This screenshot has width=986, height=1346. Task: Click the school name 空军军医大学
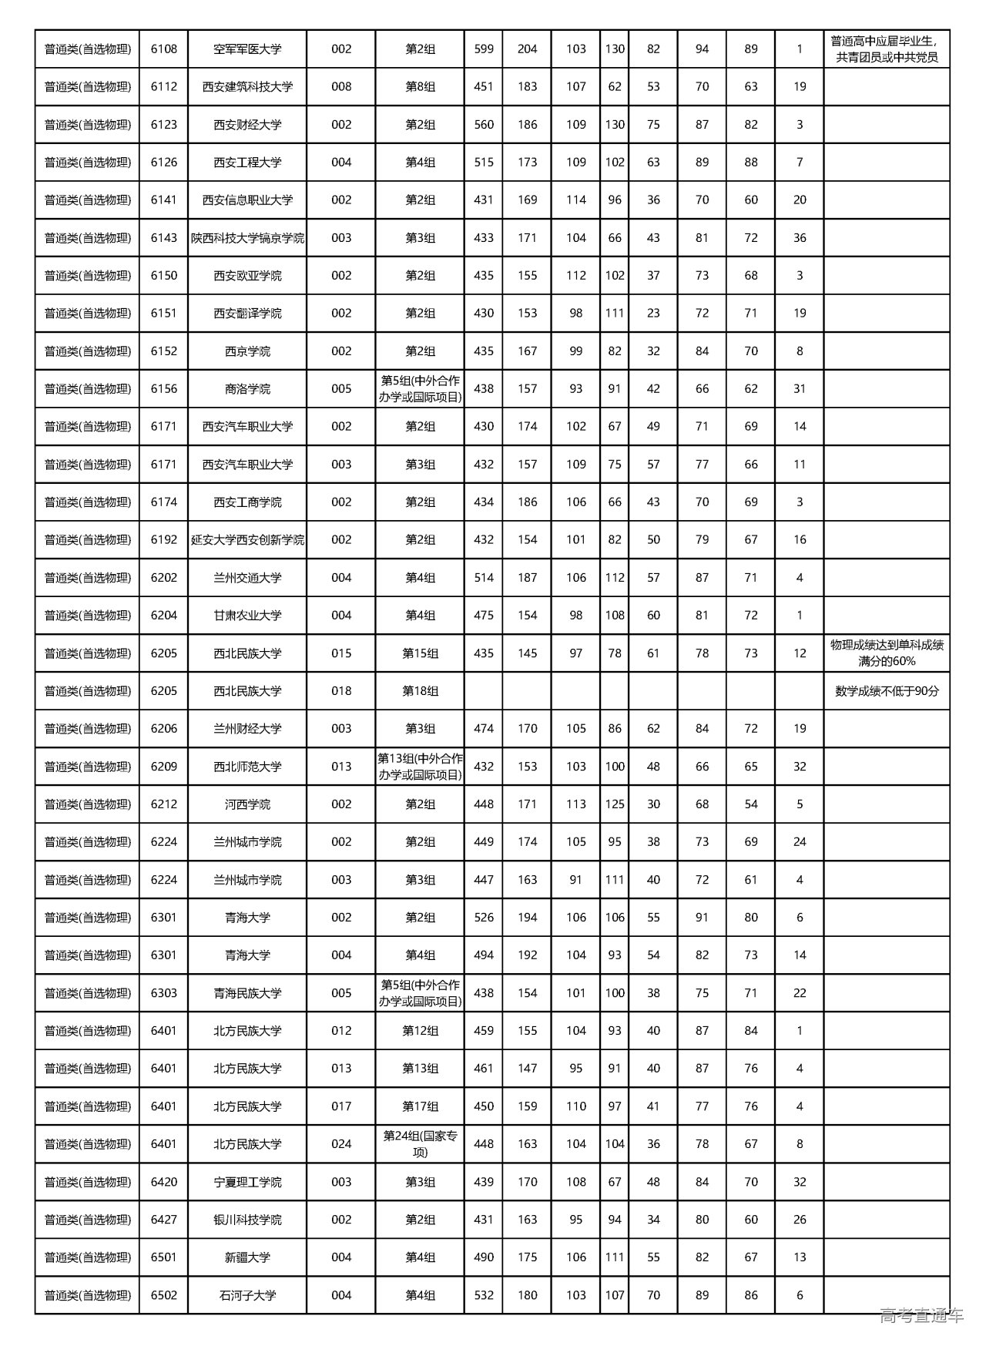pos(247,49)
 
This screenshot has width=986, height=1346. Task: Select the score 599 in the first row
pos(484,49)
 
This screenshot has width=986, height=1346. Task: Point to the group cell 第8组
pos(420,87)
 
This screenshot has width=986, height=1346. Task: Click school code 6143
pos(163,238)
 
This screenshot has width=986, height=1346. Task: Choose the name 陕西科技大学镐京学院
pos(247,238)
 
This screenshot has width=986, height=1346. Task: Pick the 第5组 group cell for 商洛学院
pos(420,389)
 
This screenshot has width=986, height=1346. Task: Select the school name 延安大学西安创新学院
pos(247,540)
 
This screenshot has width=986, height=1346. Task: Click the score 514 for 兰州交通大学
pos(484,578)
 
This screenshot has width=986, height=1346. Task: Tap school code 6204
pos(163,616)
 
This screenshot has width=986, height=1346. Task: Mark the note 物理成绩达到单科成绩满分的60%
pos(886,653)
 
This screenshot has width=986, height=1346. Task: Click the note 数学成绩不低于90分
pos(886,691)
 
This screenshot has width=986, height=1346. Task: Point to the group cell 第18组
pos(420,691)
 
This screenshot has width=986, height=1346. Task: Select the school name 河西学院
pos(247,804)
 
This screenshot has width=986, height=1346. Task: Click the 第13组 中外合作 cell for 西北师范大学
pos(420,767)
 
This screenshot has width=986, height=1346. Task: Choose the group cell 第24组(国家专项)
pos(420,1144)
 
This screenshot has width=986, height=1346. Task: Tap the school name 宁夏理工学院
pos(247,1182)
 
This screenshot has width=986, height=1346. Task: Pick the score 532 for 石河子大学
pos(484,1295)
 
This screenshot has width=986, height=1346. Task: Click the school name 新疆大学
pos(247,1257)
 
